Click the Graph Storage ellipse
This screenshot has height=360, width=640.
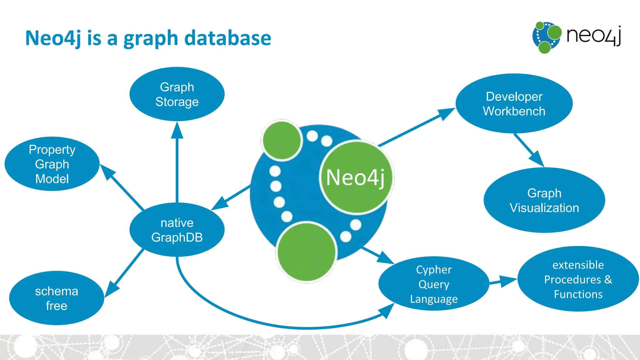[x=177, y=94]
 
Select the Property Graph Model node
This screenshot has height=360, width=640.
[x=52, y=164]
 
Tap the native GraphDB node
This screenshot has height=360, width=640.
[x=177, y=230]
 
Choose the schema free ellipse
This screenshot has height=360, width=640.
[x=57, y=298]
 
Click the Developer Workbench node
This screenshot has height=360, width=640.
[x=514, y=103]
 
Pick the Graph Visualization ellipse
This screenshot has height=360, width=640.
[x=544, y=200]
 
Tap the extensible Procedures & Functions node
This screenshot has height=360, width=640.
[x=578, y=279]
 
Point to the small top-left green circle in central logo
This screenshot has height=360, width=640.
[x=282, y=140]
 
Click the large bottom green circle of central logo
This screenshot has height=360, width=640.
[x=307, y=252]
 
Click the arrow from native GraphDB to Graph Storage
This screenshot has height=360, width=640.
[x=177, y=166]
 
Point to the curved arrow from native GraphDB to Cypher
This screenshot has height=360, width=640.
[x=281, y=325]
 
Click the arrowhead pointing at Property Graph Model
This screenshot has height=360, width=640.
[x=107, y=172]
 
